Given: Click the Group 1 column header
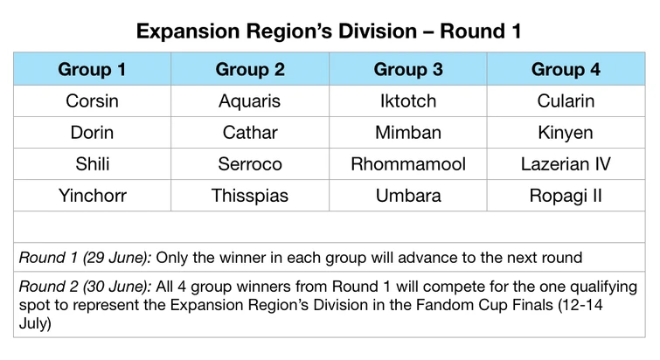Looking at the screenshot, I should (x=92, y=69).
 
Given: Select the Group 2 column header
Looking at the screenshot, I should (x=250, y=69).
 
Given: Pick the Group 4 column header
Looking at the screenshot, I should (x=566, y=69).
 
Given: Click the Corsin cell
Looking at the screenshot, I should (x=92, y=101).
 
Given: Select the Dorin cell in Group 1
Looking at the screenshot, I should (x=92, y=133).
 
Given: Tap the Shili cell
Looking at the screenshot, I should (x=92, y=164).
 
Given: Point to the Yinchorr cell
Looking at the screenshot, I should (x=92, y=196).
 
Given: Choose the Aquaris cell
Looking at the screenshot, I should (x=250, y=101).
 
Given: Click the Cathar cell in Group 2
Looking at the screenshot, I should (x=250, y=133).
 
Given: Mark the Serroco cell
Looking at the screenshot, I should (x=250, y=164).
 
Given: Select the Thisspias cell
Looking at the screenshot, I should (x=250, y=196).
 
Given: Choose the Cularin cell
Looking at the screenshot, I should (x=566, y=101).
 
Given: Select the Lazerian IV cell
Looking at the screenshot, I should (x=566, y=164).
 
